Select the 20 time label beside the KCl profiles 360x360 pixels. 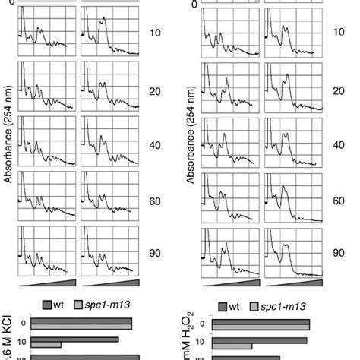(156, 90)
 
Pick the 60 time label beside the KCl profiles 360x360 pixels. (156, 197)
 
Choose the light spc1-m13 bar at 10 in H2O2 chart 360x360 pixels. (259, 346)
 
